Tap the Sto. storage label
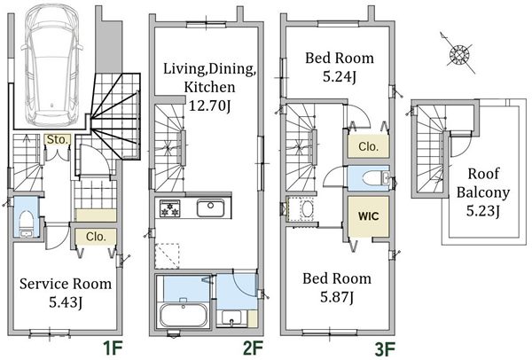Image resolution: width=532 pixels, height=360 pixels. pos(58,139)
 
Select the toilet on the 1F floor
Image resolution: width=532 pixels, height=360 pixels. pos(26,223)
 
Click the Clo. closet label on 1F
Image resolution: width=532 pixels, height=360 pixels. pos(96,237)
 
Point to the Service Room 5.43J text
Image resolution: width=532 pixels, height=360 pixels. pos(66,293)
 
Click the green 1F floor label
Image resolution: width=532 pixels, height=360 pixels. pos(113,348)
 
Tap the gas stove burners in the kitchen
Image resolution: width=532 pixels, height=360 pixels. pos(169,208)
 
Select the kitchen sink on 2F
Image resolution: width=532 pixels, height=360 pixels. pos(210,208)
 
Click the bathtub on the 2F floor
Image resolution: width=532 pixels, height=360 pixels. pos(184,315)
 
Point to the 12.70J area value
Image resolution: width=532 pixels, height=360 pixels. pos(209,106)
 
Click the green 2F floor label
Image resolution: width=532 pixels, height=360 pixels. pos(253,348)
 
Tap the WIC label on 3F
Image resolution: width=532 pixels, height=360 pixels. pos(369,216)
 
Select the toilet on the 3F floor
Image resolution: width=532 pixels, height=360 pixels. pos(376,178)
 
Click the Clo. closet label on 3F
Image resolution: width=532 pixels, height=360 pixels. pos(368,147)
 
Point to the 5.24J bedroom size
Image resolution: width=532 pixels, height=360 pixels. pos(340,77)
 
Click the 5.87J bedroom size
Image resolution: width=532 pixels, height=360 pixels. pos(337,298)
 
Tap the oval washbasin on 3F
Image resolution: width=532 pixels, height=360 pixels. pos(309,208)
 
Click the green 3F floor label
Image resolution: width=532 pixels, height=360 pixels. pos(385,348)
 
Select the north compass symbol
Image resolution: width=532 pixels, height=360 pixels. pos(458,53)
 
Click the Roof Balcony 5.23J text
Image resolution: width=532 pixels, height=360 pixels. pos(483,192)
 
